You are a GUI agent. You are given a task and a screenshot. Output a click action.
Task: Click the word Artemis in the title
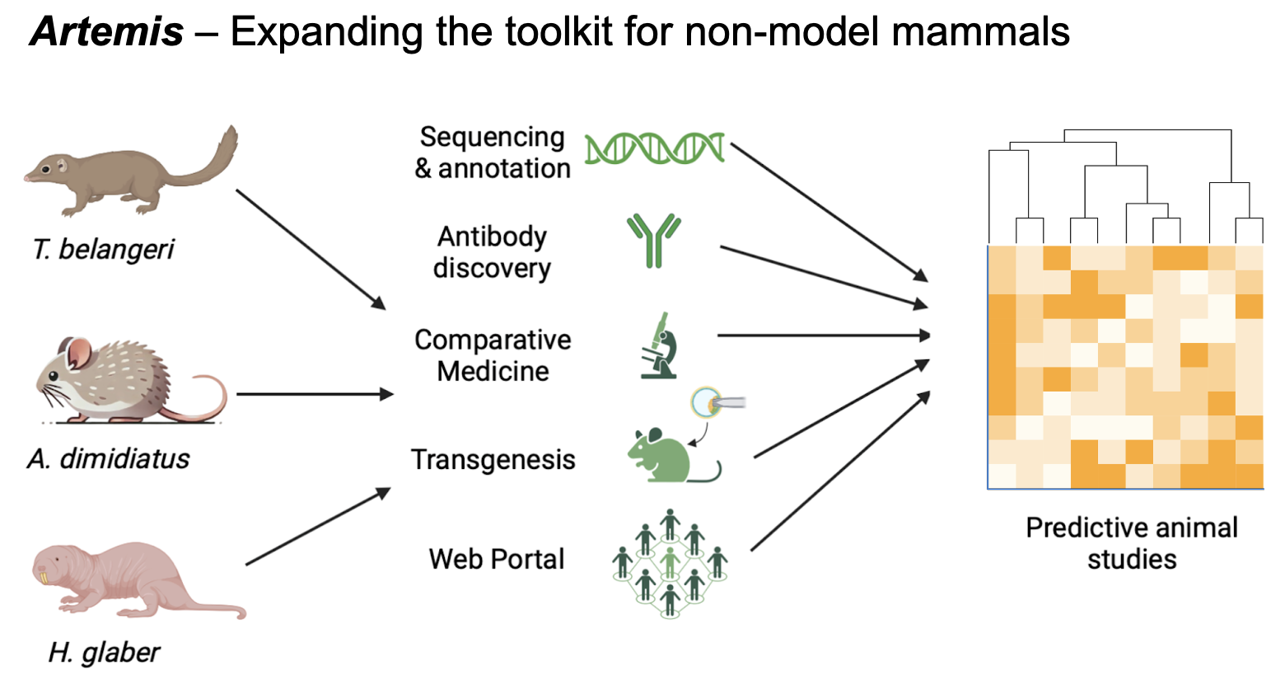pyautogui.click(x=106, y=32)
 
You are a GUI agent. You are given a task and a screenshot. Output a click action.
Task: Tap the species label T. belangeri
pyautogui.click(x=103, y=249)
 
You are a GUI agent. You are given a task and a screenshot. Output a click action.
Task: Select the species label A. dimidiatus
pyautogui.click(x=108, y=458)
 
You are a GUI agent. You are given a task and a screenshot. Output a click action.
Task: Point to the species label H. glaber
pyautogui.click(x=103, y=652)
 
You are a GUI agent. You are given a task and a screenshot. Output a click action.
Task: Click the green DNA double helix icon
pyautogui.click(x=654, y=148)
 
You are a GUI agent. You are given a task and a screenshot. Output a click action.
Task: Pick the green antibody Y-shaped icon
pyautogui.click(x=654, y=240)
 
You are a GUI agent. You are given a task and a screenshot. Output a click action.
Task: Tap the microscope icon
pyautogui.click(x=660, y=346)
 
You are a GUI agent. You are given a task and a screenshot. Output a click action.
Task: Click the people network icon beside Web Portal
pyautogui.click(x=670, y=563)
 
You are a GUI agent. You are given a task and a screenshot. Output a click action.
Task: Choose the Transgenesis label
pyautogui.click(x=493, y=460)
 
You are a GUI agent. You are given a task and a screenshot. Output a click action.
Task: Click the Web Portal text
pyautogui.click(x=497, y=559)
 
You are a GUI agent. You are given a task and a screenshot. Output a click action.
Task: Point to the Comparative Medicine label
pyautogui.click(x=493, y=355)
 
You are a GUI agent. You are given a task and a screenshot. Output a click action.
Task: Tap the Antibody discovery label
pyautogui.click(x=493, y=252)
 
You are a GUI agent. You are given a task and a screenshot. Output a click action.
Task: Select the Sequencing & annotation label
pyautogui.click(x=493, y=152)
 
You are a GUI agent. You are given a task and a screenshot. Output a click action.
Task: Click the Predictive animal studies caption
pyautogui.click(x=1131, y=543)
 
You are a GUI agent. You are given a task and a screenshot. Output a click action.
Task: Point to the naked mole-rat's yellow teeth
pyautogui.click(x=44, y=577)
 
